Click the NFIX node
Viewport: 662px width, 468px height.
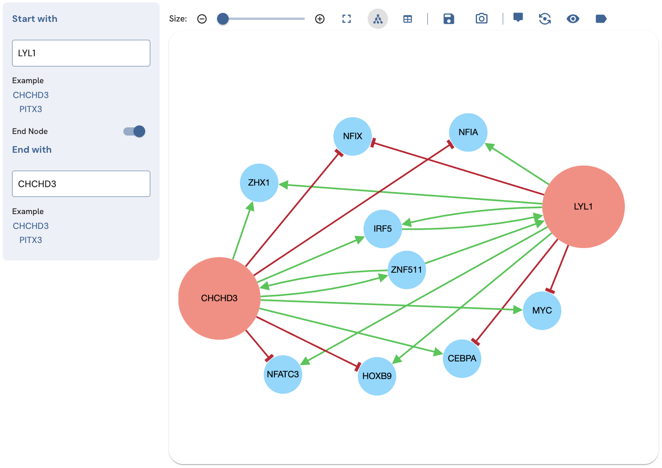(x=352, y=136)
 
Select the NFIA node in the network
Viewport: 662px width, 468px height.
(x=468, y=132)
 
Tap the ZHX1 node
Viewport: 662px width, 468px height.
(x=259, y=183)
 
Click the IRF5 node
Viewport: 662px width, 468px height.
(x=383, y=229)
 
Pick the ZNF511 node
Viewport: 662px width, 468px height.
(x=407, y=270)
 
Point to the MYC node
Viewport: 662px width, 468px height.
(x=542, y=311)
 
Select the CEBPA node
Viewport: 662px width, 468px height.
(x=462, y=359)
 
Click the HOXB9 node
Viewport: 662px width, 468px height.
(x=377, y=376)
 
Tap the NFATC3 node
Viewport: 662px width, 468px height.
(x=283, y=375)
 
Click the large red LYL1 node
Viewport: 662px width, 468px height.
(x=583, y=207)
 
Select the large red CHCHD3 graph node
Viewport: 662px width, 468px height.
(x=219, y=298)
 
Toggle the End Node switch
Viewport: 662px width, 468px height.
(x=134, y=131)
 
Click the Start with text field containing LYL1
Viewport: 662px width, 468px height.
(x=81, y=53)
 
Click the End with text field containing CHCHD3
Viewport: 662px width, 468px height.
(x=81, y=184)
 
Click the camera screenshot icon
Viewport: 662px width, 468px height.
(x=481, y=19)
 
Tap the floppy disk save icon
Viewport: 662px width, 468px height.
(x=448, y=19)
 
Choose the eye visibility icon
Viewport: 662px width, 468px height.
(x=573, y=19)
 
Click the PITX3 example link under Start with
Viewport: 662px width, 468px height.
(x=31, y=109)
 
